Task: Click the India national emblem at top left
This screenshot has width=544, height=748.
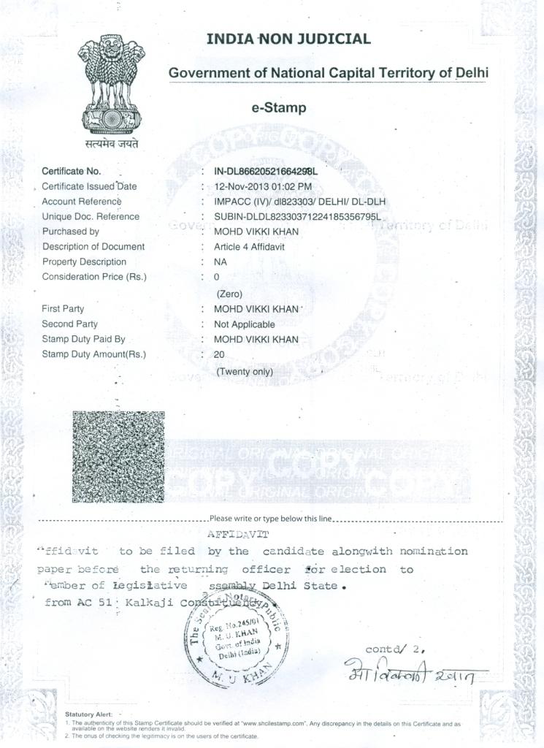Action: (112, 86)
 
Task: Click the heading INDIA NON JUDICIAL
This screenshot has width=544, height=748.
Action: (288, 39)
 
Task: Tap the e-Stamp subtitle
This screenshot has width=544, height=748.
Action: (279, 108)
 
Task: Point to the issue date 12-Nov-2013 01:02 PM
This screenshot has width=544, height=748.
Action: (262, 186)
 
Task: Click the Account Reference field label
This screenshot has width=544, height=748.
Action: (81, 202)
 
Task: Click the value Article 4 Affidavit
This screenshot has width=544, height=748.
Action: (249, 247)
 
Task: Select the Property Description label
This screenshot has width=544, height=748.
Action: (84, 262)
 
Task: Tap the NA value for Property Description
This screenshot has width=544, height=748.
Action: (220, 262)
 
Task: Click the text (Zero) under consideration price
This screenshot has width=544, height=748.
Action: (229, 294)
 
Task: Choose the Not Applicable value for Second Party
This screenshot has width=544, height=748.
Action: (244, 324)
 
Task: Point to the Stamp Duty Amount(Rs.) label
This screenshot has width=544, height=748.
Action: (93, 355)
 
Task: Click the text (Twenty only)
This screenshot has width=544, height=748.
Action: (245, 372)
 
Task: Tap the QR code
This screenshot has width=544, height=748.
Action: (118, 457)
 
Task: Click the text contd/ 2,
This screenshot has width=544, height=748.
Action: (395, 649)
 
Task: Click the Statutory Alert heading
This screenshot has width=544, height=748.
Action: (88, 714)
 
